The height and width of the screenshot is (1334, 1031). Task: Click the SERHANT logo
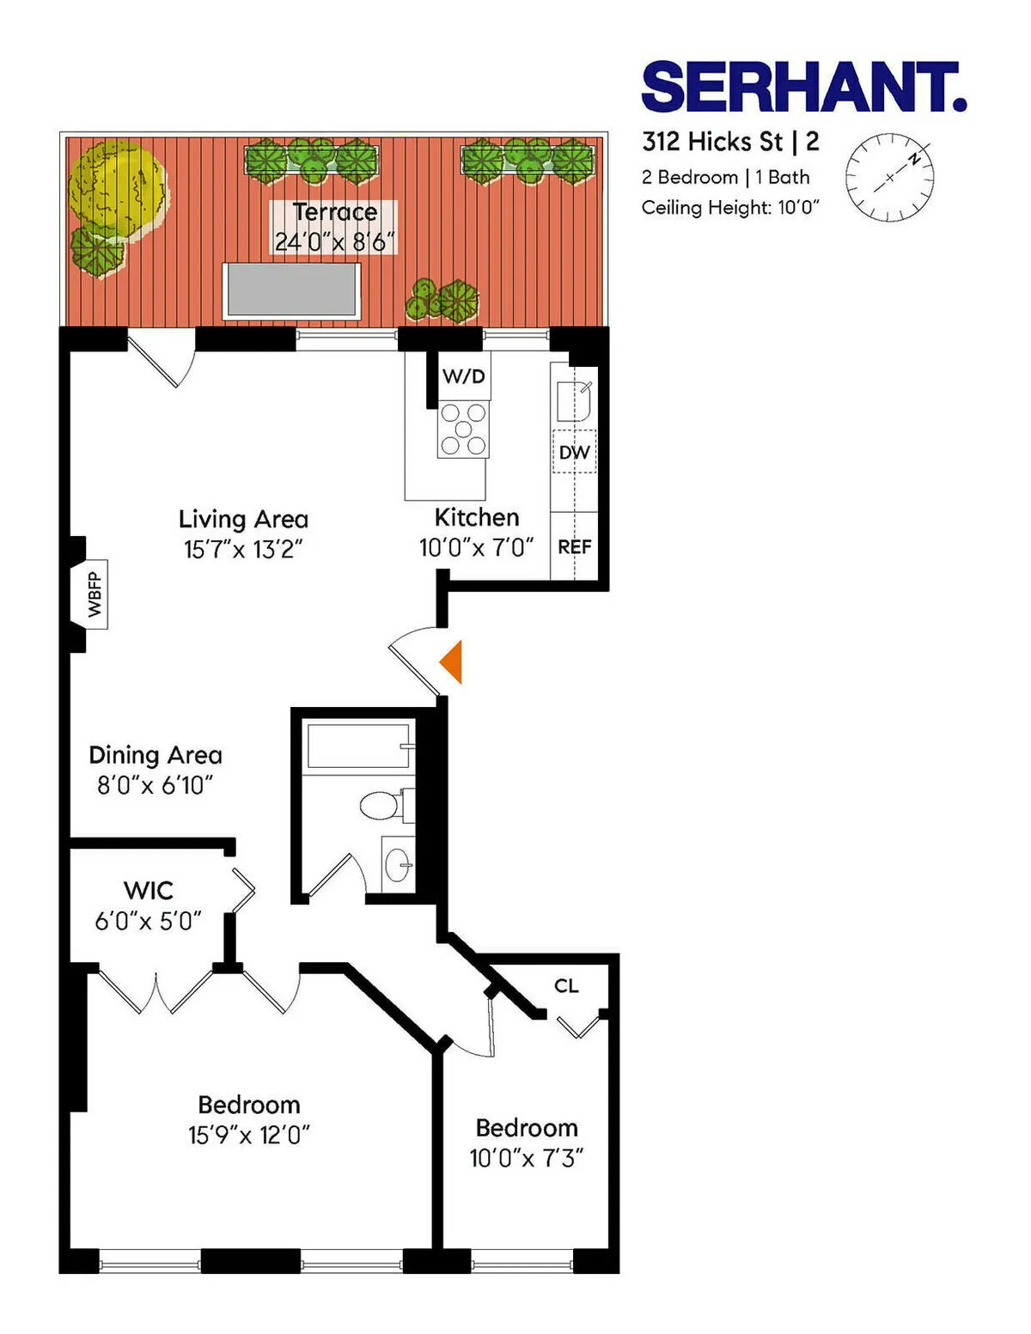pyautogui.click(x=803, y=87)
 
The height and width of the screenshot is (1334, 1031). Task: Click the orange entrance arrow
pyautogui.click(x=452, y=662)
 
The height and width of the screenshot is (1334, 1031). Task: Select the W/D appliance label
pyautogui.click(x=464, y=376)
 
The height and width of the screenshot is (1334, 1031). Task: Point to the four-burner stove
pyautogui.click(x=463, y=429)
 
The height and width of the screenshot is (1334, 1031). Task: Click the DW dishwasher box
pyautogui.click(x=574, y=452)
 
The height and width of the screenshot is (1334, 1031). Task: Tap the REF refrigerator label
pyautogui.click(x=574, y=546)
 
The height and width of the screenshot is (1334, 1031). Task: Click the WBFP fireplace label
pyautogui.click(x=95, y=594)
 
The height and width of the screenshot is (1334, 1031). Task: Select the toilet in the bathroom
pyautogui.click(x=381, y=805)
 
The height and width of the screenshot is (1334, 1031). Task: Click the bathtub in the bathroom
pyautogui.click(x=358, y=746)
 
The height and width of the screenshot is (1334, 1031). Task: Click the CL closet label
pyautogui.click(x=566, y=985)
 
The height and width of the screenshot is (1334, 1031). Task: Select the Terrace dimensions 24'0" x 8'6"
pyautogui.click(x=334, y=242)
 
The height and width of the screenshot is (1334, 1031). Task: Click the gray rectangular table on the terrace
pyautogui.click(x=291, y=291)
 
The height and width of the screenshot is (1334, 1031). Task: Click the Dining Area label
pyautogui.click(x=156, y=755)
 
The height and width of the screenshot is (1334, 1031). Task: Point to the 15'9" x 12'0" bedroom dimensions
pyautogui.click(x=249, y=1135)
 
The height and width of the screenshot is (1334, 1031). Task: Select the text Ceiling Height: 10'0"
pyautogui.click(x=730, y=208)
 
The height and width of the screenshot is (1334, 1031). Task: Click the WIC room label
pyautogui.click(x=149, y=890)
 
